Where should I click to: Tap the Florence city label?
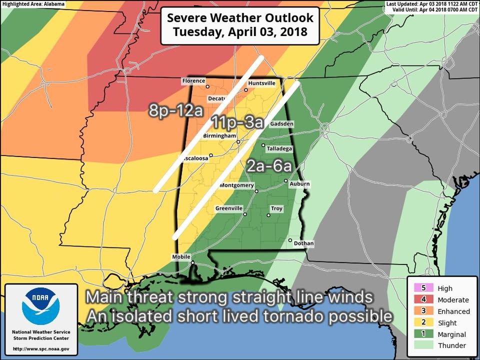tap(194, 81)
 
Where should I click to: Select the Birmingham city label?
tap(219, 136)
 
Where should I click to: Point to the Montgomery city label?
tap(237, 185)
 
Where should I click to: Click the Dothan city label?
tap(303, 243)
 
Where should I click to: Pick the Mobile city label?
tap(181, 257)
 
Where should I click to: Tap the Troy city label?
tap(276, 208)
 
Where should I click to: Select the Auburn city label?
tap(299, 184)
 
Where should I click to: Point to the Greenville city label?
tap(229, 208)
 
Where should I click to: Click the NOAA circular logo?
tap(40, 305)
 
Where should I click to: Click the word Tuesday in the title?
tap(196, 33)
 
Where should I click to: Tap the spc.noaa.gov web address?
tap(41, 348)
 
